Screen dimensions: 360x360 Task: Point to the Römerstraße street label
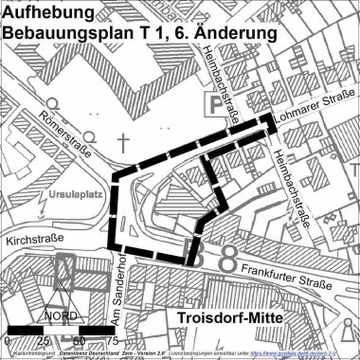(68, 133)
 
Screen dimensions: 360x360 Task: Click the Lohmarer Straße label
(315, 121)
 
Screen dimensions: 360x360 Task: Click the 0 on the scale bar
(8, 339)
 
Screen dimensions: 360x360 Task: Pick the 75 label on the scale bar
(112, 339)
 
